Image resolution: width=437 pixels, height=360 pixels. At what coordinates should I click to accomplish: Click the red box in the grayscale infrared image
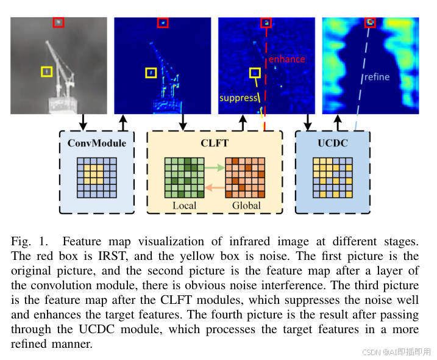pos(58,22)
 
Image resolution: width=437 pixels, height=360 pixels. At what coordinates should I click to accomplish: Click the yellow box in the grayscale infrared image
pos(46,72)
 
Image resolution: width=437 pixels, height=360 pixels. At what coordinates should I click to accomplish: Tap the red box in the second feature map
pos(162,23)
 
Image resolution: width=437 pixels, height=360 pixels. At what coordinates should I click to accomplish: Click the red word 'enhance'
pos(286,59)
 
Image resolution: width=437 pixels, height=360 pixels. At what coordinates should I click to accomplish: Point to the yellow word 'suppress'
pos(238,98)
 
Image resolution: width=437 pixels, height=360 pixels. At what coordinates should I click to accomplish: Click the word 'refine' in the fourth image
pos(376,77)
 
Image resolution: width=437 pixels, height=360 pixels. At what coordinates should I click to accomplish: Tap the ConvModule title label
pos(97,143)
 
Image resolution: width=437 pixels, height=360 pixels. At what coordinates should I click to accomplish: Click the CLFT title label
pos(215,143)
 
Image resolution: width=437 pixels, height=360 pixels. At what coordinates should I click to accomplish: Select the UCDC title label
pos(332,143)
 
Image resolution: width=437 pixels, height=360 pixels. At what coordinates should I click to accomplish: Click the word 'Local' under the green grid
pos(185,206)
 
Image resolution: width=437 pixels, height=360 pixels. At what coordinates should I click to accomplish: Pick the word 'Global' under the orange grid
pos(246,206)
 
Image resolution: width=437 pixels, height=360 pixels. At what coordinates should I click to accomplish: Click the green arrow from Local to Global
pos(214,165)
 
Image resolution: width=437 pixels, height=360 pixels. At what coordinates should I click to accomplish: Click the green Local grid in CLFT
pos(184,178)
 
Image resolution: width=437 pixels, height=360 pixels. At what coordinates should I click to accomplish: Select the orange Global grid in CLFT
pos(246,178)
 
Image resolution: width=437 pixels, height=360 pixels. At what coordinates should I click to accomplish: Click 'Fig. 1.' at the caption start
pos(29,241)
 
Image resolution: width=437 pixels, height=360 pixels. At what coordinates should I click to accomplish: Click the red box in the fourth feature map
pos(370,23)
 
